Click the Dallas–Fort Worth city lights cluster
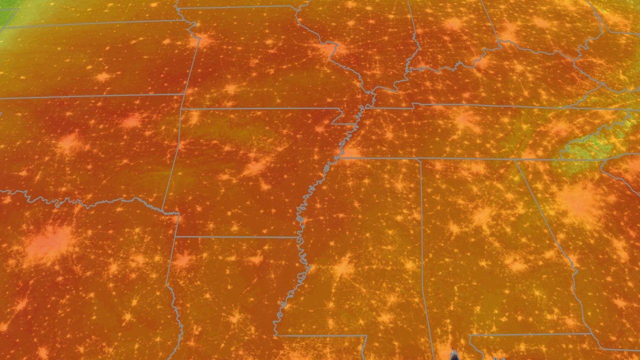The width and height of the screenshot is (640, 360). point(49,243)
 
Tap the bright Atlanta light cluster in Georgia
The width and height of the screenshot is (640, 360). point(580,199)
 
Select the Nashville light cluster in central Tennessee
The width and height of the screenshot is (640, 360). point(466,119)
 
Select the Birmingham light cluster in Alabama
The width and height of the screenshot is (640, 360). point(482,216)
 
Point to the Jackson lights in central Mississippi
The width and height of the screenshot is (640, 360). point(344,266)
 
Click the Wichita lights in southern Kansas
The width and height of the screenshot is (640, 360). point(103,77)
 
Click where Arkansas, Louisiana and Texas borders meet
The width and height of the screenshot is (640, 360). point(176,236)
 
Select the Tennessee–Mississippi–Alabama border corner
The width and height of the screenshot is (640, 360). point(419,159)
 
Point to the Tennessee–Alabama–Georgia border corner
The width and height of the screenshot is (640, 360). point(515,160)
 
